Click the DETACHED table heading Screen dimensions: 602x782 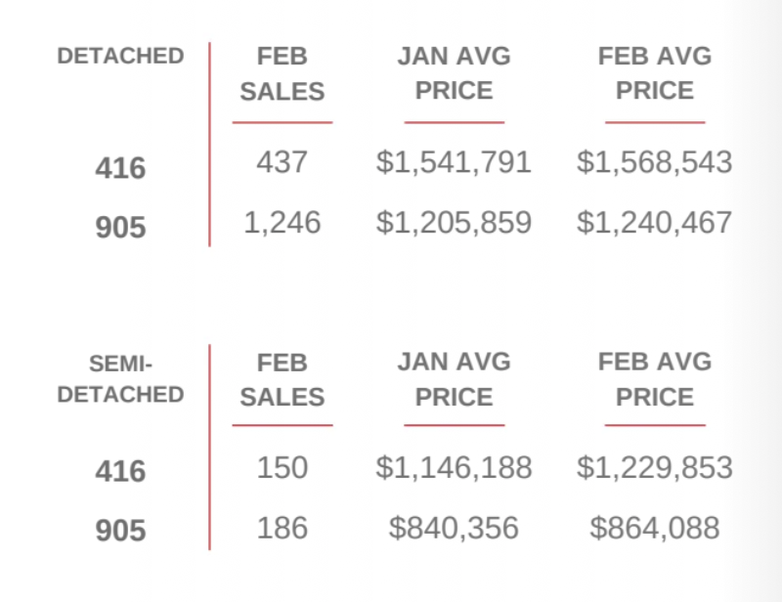[x=120, y=57]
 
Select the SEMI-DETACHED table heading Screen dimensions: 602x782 [x=120, y=379]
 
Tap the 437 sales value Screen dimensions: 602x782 [x=282, y=162]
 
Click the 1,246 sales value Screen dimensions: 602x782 [x=282, y=223]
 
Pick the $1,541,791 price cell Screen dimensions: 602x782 [x=454, y=162]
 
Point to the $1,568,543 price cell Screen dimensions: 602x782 [x=654, y=162]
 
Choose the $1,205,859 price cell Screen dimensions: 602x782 [x=454, y=223]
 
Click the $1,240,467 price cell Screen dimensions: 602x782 [x=654, y=223]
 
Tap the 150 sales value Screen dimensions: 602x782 [x=282, y=467]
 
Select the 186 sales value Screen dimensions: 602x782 [x=282, y=529]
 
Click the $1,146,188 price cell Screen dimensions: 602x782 [x=454, y=467]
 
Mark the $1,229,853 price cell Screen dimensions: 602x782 [x=654, y=467]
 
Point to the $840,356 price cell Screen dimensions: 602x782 [x=454, y=529]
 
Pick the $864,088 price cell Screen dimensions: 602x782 [x=654, y=529]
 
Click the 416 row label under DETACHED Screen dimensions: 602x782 [x=120, y=169]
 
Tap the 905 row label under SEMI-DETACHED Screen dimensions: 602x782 [x=120, y=532]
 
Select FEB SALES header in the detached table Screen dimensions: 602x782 [x=282, y=73]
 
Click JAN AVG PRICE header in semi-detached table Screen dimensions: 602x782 [x=454, y=379]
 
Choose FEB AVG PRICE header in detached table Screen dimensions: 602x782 [x=654, y=73]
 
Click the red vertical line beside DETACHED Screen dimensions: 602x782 [x=209, y=145]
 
